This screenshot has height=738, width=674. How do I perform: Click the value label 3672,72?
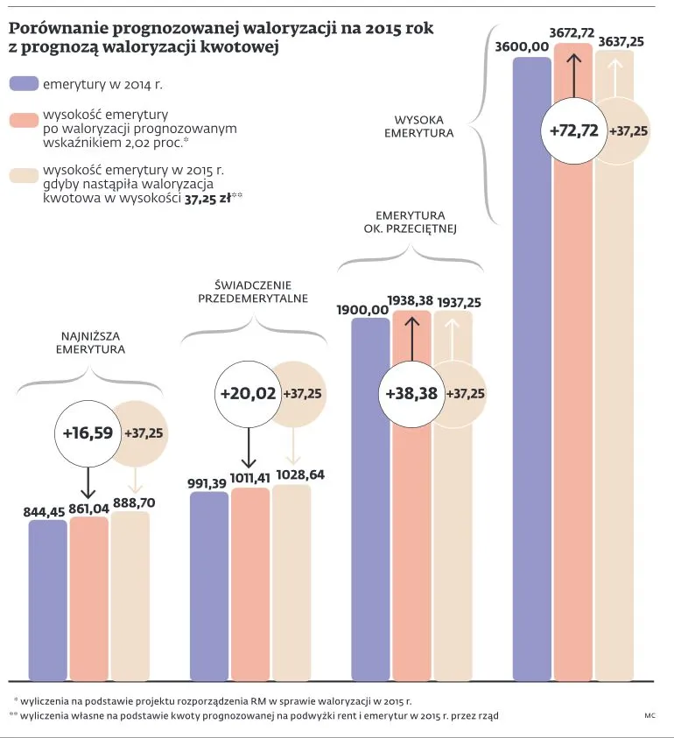point(572,32)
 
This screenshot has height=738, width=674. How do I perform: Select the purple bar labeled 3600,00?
point(532,368)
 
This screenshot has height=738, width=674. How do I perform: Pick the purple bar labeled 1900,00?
point(370,499)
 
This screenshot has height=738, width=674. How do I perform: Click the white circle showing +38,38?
point(411,394)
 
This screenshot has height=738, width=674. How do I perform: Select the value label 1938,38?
point(411,300)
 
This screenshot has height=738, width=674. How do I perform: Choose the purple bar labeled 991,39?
point(208,587)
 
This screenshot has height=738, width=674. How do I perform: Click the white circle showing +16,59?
point(88,432)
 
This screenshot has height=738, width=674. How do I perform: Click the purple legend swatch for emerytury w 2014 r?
point(23,84)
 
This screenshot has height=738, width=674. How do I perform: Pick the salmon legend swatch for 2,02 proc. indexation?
point(23,119)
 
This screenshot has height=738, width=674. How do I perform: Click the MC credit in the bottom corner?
point(649,716)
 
